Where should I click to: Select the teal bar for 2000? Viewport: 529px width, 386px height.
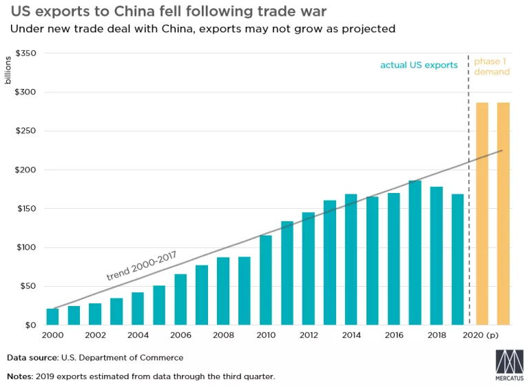[52, 316]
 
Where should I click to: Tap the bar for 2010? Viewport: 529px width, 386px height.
[266, 280]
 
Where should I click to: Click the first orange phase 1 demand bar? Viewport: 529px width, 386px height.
[482, 214]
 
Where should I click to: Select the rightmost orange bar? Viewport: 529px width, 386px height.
[504, 214]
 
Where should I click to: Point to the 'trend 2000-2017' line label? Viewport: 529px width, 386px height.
[141, 265]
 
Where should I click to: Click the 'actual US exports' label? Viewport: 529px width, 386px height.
[419, 65]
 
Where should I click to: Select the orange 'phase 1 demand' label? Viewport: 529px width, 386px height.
[492, 66]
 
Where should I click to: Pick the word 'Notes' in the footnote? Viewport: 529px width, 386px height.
[20, 376]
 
